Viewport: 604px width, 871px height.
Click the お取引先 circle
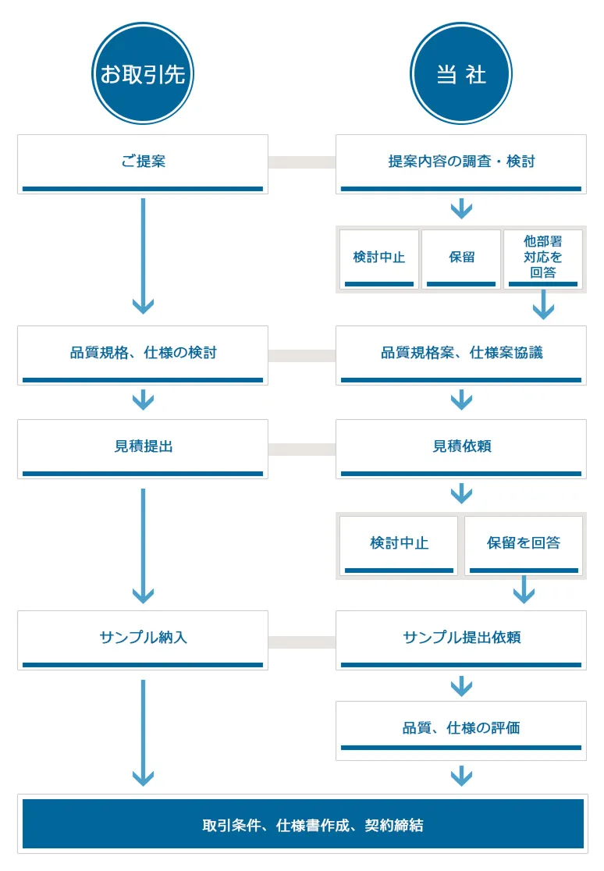pos(142,73)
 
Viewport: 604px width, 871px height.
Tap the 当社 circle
pos(460,73)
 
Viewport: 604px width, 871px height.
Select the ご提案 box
pos(143,163)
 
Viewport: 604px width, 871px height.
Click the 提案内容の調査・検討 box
pos(461,163)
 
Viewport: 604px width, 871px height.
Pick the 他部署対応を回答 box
pos(542,258)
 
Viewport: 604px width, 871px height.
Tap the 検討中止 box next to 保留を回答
pos(399,545)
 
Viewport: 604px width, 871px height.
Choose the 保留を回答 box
pos(524,545)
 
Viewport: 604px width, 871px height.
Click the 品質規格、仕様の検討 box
pos(143,354)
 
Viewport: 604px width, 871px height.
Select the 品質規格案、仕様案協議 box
pos(461,354)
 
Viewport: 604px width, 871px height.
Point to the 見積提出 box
pos(143,448)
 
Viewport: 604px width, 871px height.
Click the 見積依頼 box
pos(461,448)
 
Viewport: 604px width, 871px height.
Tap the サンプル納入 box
pos(143,639)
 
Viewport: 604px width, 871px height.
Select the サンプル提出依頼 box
pos(461,639)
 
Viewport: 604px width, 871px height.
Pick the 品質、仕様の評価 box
pos(461,730)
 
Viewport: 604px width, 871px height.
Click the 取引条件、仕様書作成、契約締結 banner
pos(303,824)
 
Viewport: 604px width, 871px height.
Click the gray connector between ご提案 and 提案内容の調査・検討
pos(302,162)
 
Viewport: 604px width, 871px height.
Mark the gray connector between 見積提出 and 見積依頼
pos(302,449)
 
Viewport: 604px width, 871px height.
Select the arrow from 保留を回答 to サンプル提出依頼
pos(524,590)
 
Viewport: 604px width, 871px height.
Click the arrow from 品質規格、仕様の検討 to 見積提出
pos(143,400)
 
